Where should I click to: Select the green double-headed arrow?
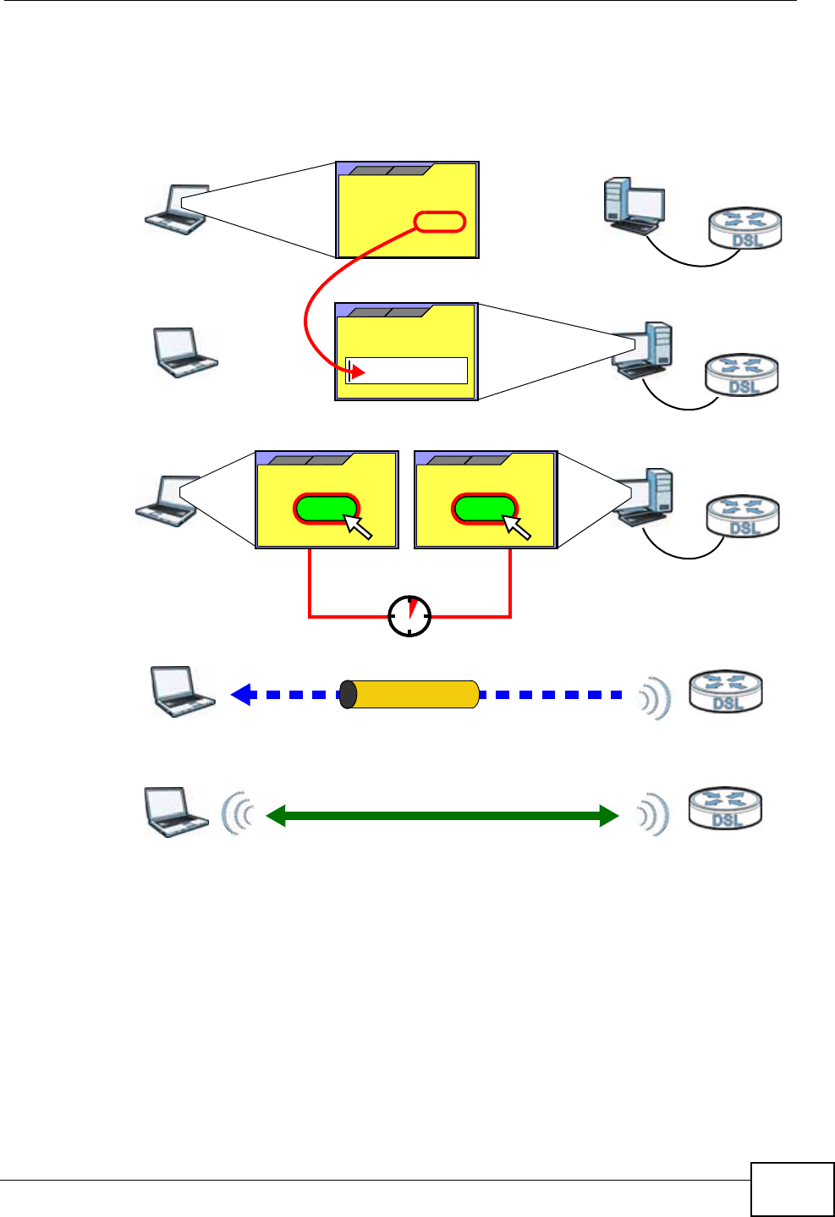(x=442, y=816)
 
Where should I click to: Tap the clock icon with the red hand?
(x=409, y=616)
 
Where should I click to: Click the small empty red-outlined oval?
(x=440, y=222)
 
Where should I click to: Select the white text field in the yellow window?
(x=407, y=371)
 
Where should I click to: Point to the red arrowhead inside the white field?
(x=358, y=372)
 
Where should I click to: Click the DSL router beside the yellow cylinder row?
(x=726, y=691)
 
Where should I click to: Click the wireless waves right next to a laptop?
(x=237, y=815)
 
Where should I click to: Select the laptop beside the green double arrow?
(x=175, y=812)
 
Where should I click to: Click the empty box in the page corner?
(x=792, y=1189)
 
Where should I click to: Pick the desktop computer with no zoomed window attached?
(x=633, y=206)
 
